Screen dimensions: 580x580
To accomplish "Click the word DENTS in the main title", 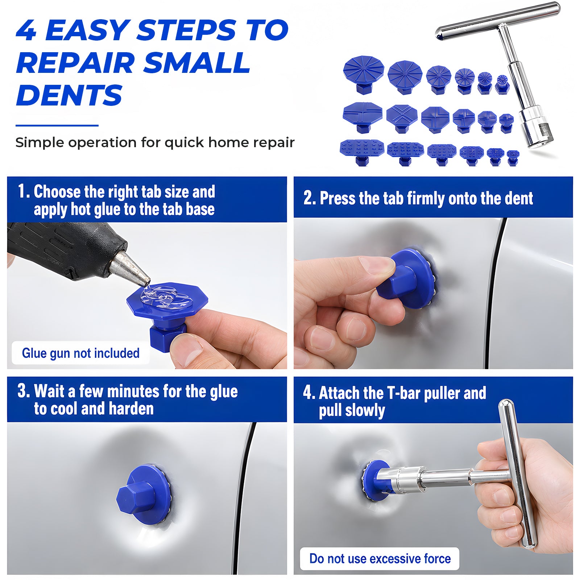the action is pyautogui.click(x=69, y=95).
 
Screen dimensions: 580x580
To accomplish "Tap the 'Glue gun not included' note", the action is pyautogui.click(x=81, y=353).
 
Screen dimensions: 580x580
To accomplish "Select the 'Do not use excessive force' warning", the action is pyautogui.click(x=380, y=559).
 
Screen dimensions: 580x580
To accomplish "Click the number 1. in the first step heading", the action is pyautogui.click(x=24, y=191).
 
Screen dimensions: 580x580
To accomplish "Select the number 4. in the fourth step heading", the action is pyautogui.click(x=309, y=393).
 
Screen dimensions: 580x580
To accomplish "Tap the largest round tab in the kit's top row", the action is pyautogui.click(x=364, y=75).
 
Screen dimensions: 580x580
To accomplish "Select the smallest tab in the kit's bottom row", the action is pyautogui.click(x=513, y=158).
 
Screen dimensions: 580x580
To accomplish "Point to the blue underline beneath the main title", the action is pyautogui.click(x=57, y=125).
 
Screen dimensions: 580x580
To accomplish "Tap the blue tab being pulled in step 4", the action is pyautogui.click(x=376, y=480).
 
